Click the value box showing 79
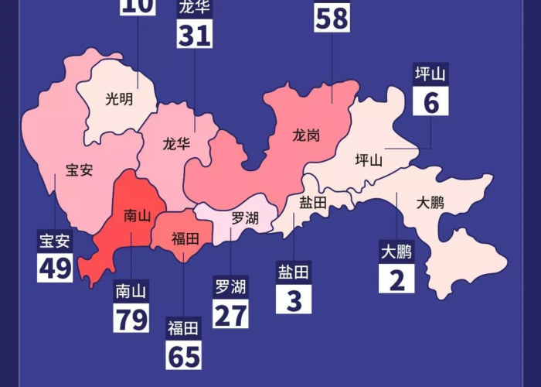131,317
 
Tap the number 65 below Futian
184,355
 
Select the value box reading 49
55,267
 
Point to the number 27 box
231,314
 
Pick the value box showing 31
195,34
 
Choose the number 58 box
332,17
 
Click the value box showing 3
294,299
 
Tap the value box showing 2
396,279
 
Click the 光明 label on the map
119,99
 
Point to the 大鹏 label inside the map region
430,203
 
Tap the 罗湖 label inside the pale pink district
245,218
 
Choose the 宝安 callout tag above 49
55,241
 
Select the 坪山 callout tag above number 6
431,75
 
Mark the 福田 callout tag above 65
184,328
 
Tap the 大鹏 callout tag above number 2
396,252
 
